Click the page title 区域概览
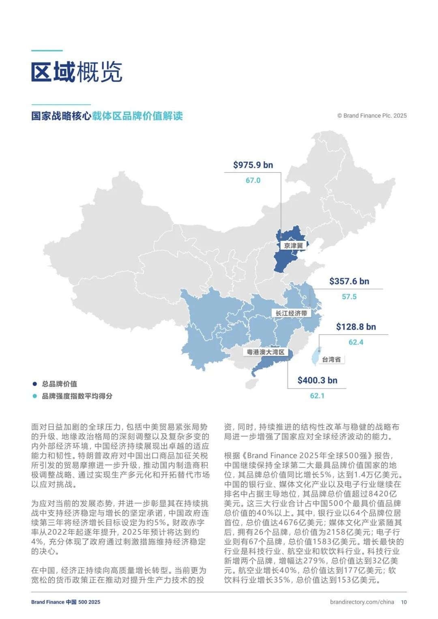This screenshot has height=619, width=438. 77,72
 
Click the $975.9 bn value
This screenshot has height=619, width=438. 253,165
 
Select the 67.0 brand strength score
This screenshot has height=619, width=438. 253,180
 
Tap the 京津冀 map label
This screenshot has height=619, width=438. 293,246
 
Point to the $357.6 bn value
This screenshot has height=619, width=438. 349,281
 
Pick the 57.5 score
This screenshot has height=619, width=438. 349,297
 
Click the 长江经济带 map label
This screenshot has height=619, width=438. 291,313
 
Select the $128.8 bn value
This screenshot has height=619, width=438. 356,327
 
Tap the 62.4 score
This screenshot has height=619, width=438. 356,342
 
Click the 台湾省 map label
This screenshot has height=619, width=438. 331,360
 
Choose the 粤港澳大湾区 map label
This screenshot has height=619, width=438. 266,352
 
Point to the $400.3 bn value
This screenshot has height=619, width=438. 317,380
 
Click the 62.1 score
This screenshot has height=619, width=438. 317,396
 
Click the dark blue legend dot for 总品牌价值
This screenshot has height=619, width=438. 35,384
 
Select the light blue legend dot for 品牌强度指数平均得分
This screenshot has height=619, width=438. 35,396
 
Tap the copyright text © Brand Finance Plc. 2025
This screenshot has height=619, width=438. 372,116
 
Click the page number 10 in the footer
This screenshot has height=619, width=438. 404,602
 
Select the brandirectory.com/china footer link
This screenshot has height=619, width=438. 362,602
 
